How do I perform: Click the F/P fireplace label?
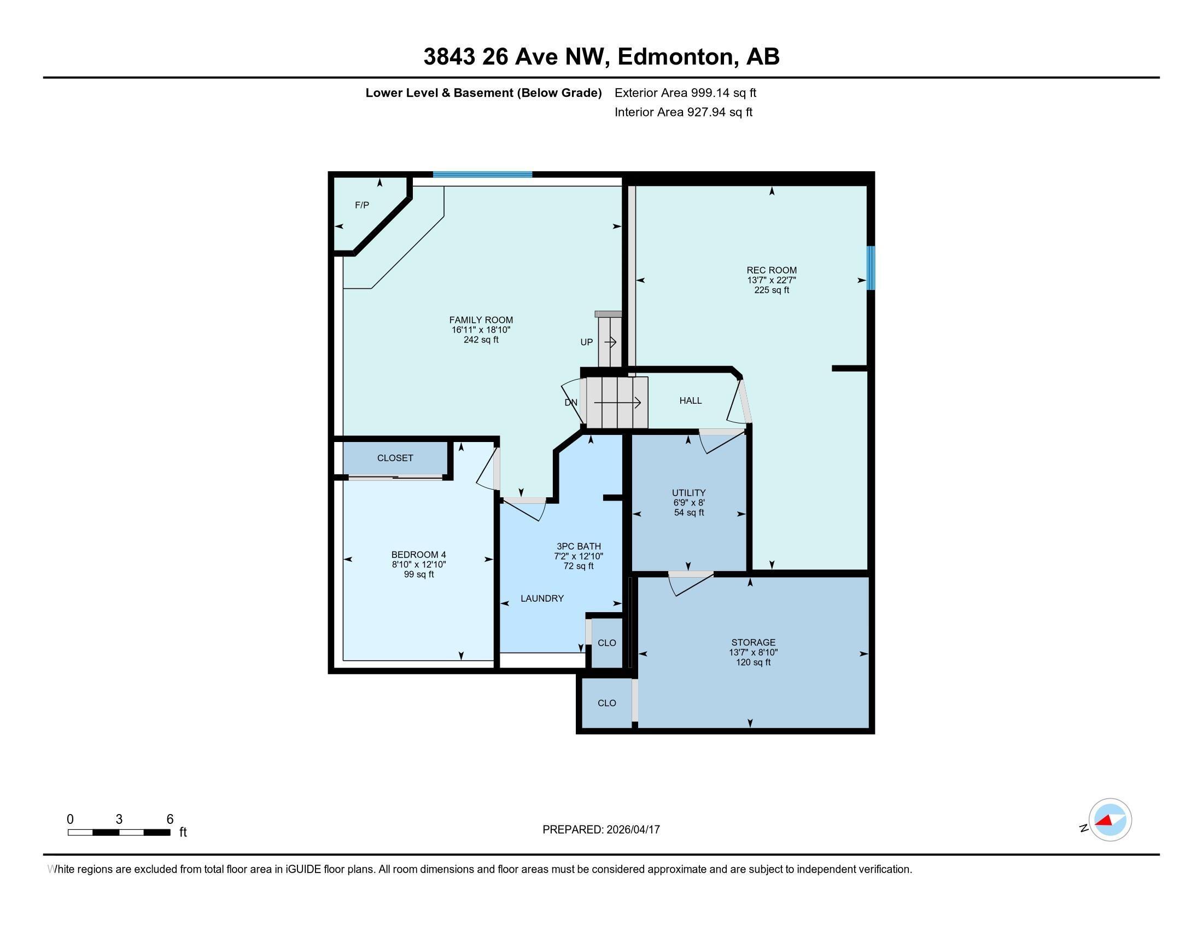coord(362,206)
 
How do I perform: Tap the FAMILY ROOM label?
coord(481,320)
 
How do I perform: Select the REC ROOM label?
coord(771,270)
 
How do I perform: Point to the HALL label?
coord(690,400)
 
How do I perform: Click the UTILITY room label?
coord(688,492)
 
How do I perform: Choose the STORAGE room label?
coord(753,642)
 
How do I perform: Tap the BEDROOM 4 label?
coord(419,555)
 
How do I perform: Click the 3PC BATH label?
coord(579,547)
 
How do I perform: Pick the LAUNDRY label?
coord(542,598)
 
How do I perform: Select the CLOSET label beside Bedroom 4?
coord(395,458)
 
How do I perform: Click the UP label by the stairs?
coord(587,342)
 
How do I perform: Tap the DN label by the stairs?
coord(571,403)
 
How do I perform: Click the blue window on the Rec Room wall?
coord(871,268)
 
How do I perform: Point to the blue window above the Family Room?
coord(482,175)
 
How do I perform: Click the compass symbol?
coord(1110,820)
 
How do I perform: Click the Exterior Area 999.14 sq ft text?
coord(685,92)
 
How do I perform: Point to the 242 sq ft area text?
coord(481,340)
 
